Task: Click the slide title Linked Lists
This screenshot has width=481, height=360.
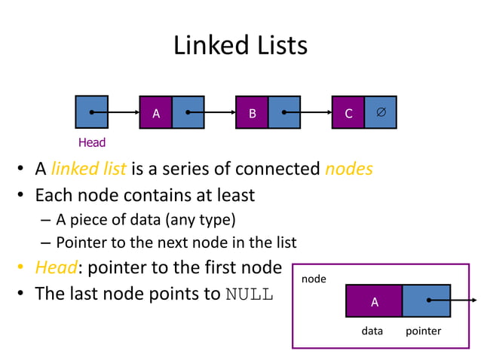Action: click(240, 45)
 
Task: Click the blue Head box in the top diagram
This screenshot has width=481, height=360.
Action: click(91, 112)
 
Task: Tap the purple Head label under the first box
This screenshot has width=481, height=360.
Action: click(92, 142)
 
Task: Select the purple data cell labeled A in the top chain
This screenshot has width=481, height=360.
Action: click(156, 113)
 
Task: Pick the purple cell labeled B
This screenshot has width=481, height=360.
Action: click(253, 113)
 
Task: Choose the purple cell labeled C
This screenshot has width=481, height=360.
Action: click(348, 113)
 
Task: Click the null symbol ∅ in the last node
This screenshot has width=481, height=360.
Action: click(380, 112)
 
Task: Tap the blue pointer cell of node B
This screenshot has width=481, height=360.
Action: click(284, 113)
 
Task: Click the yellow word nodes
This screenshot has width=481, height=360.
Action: click(348, 169)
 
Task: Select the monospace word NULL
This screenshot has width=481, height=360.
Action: click(250, 294)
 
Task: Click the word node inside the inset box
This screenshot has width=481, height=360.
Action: click(314, 279)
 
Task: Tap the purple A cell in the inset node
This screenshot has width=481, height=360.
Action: click(374, 301)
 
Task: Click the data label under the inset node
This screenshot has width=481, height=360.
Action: click(372, 331)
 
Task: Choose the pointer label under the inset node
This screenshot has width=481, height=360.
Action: click(423, 331)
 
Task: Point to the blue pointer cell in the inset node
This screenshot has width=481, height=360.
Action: click(426, 301)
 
